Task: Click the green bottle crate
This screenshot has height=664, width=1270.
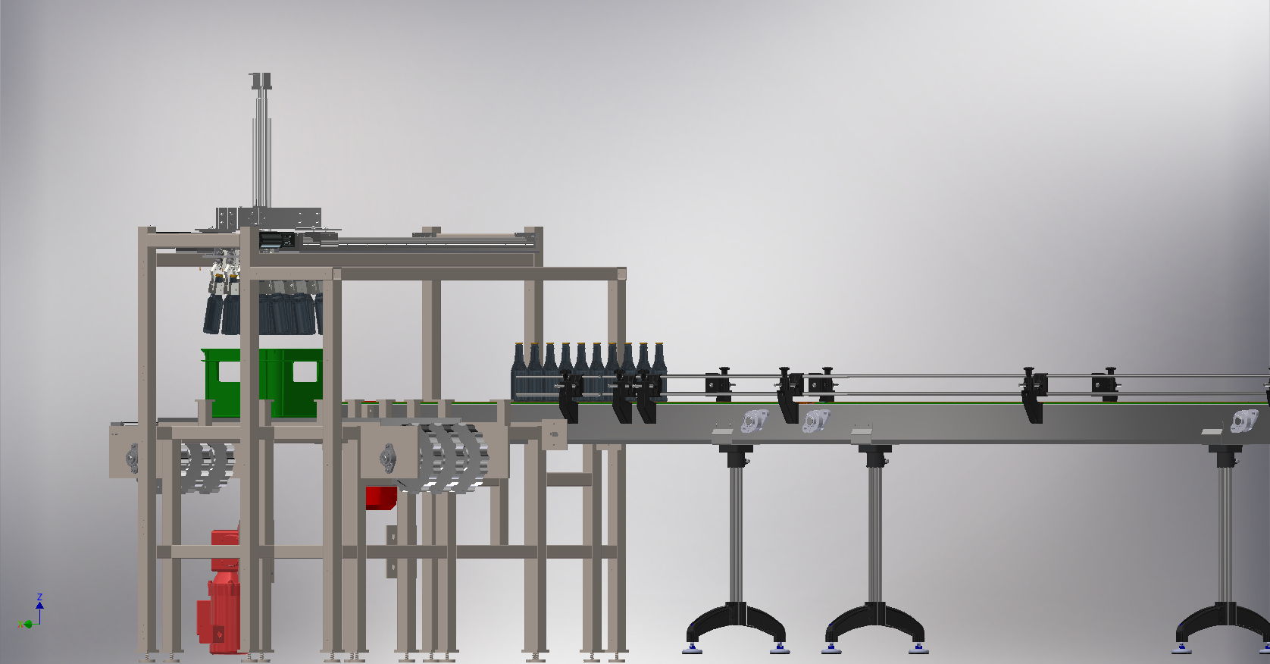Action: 262,383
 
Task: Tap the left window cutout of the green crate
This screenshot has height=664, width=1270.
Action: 229,371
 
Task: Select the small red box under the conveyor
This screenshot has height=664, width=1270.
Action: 381,498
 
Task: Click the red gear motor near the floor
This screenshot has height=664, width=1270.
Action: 219,590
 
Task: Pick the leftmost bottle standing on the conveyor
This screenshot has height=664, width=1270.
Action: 519,372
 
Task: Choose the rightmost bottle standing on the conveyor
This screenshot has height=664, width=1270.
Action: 658,371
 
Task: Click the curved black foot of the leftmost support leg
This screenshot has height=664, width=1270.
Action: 736,624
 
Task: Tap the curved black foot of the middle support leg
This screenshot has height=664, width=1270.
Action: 874,624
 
